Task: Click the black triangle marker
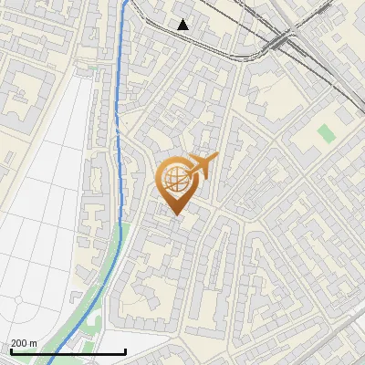183,25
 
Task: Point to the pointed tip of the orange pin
176,215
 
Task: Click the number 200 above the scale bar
18,343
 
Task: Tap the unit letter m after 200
33,343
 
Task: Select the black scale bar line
68,351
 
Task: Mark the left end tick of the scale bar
11,350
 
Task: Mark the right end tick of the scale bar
125,350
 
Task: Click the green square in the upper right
326,133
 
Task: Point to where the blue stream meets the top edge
126,1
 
